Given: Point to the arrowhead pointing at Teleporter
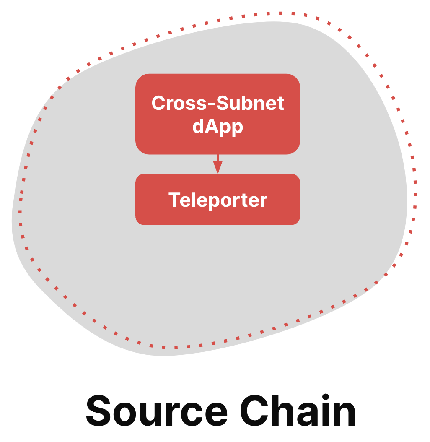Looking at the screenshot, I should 218,167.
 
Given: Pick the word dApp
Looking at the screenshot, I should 218,127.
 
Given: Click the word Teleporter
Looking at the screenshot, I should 218,200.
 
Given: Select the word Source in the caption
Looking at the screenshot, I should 156,411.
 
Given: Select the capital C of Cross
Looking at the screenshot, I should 158,103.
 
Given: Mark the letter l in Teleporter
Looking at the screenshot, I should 192,200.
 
